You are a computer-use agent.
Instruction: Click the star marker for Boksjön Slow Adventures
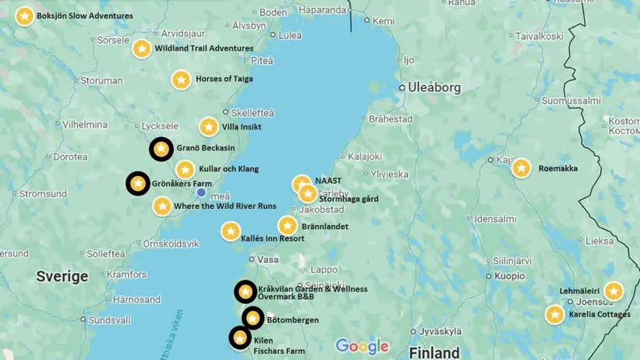pos(25,16)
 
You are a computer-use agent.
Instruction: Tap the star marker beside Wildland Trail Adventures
pos(141,48)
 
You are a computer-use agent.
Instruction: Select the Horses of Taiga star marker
pos(181,79)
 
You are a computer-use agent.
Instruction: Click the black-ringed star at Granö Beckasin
pos(161,149)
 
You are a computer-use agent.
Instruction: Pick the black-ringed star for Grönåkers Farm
pos(138,184)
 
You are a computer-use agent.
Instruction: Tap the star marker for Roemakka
pos(521,168)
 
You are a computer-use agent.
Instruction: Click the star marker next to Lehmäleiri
pos(613,291)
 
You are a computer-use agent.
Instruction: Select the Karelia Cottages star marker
pos(554,315)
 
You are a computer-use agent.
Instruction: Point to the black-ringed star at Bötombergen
pos(253,318)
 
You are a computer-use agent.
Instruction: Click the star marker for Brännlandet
pos(288,226)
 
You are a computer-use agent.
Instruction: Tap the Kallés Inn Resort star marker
pos(230,231)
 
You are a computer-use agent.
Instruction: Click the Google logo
pos(362,346)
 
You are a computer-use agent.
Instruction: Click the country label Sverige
pos(62,276)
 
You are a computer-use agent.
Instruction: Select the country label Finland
pos(434,351)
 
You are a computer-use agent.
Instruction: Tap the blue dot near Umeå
pos(201,192)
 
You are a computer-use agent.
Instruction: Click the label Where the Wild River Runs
pos(225,206)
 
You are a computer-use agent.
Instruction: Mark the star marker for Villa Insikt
pos(208,126)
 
